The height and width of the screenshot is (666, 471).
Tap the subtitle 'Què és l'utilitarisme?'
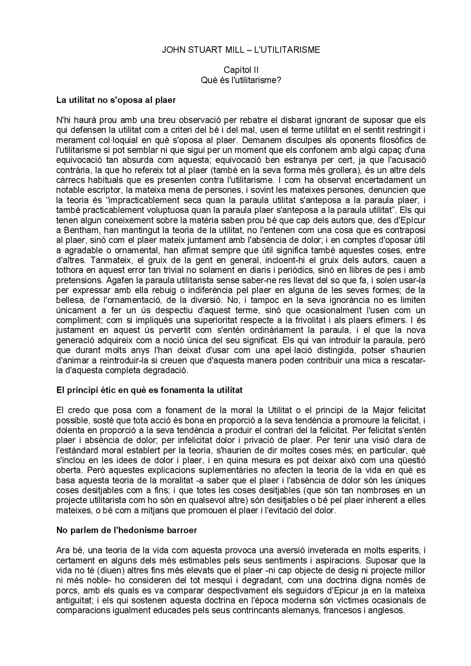[241, 80]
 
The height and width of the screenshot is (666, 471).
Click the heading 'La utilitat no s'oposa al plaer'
[116, 100]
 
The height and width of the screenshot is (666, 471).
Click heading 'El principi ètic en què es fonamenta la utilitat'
[149, 390]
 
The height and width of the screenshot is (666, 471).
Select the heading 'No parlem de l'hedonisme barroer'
[127, 530]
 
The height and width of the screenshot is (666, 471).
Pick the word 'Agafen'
[118, 280]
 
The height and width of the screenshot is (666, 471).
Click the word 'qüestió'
[412, 460]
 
